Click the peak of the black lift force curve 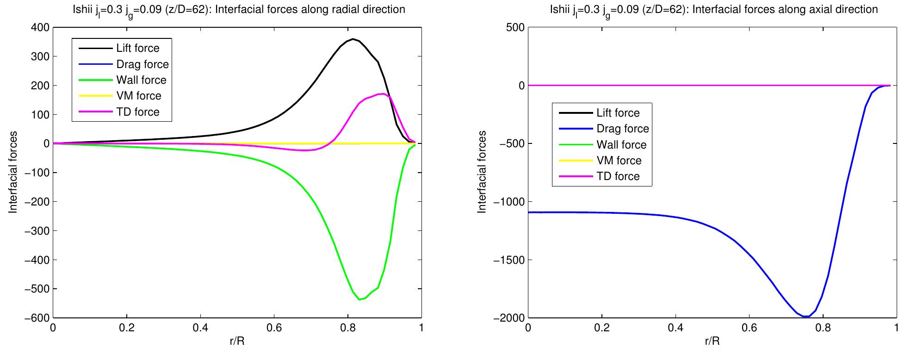(353, 39)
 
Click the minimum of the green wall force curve (360, 300)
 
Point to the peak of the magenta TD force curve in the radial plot (384, 94)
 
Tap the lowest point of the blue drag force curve (806, 317)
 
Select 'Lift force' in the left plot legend (137, 48)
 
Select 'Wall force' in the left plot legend (141, 80)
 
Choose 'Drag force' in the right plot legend (623, 129)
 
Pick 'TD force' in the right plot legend (618, 176)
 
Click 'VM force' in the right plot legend (619, 161)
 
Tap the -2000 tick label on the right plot (509, 318)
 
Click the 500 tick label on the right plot (515, 28)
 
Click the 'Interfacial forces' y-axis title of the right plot (483, 172)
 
